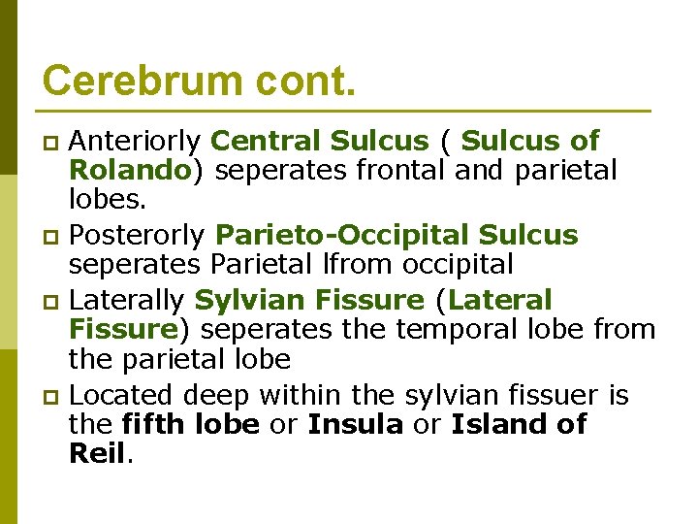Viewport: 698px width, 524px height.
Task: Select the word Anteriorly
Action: (x=136, y=142)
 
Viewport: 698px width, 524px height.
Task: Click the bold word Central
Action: (x=266, y=142)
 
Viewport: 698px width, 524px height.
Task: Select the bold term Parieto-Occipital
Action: (x=343, y=236)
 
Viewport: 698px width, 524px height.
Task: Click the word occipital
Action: (x=475, y=265)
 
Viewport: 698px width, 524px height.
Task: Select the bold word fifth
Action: (x=155, y=424)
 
